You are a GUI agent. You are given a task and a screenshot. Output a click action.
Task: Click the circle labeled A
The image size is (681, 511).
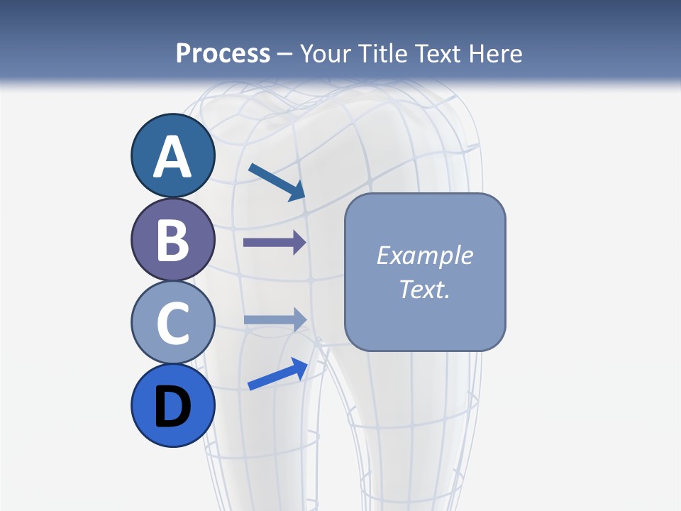pyautogui.click(x=173, y=156)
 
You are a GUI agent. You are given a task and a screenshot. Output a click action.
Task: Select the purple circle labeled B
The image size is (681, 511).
pyautogui.click(x=173, y=240)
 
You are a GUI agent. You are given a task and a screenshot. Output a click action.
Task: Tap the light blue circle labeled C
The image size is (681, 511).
pyautogui.click(x=173, y=322)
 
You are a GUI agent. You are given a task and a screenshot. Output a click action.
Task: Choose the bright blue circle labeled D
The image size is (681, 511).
pyautogui.click(x=173, y=405)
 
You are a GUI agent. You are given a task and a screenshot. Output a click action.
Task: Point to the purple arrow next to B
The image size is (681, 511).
pyautogui.click(x=275, y=243)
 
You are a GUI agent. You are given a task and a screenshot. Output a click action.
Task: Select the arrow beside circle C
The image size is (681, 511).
pyautogui.click(x=275, y=319)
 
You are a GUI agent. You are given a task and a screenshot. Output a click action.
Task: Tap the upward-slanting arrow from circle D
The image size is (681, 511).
pyautogui.click(x=277, y=374)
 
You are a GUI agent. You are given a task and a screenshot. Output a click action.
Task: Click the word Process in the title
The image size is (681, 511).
pyautogui.click(x=223, y=53)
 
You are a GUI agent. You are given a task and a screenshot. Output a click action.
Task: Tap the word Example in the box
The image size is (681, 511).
pyautogui.click(x=425, y=255)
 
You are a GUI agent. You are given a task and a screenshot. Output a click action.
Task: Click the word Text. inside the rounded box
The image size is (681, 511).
pyautogui.click(x=425, y=289)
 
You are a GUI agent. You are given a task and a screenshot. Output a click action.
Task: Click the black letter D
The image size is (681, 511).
pyautogui.click(x=173, y=407)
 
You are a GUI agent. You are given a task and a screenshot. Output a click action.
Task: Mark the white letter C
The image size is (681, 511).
pyautogui.click(x=173, y=324)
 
